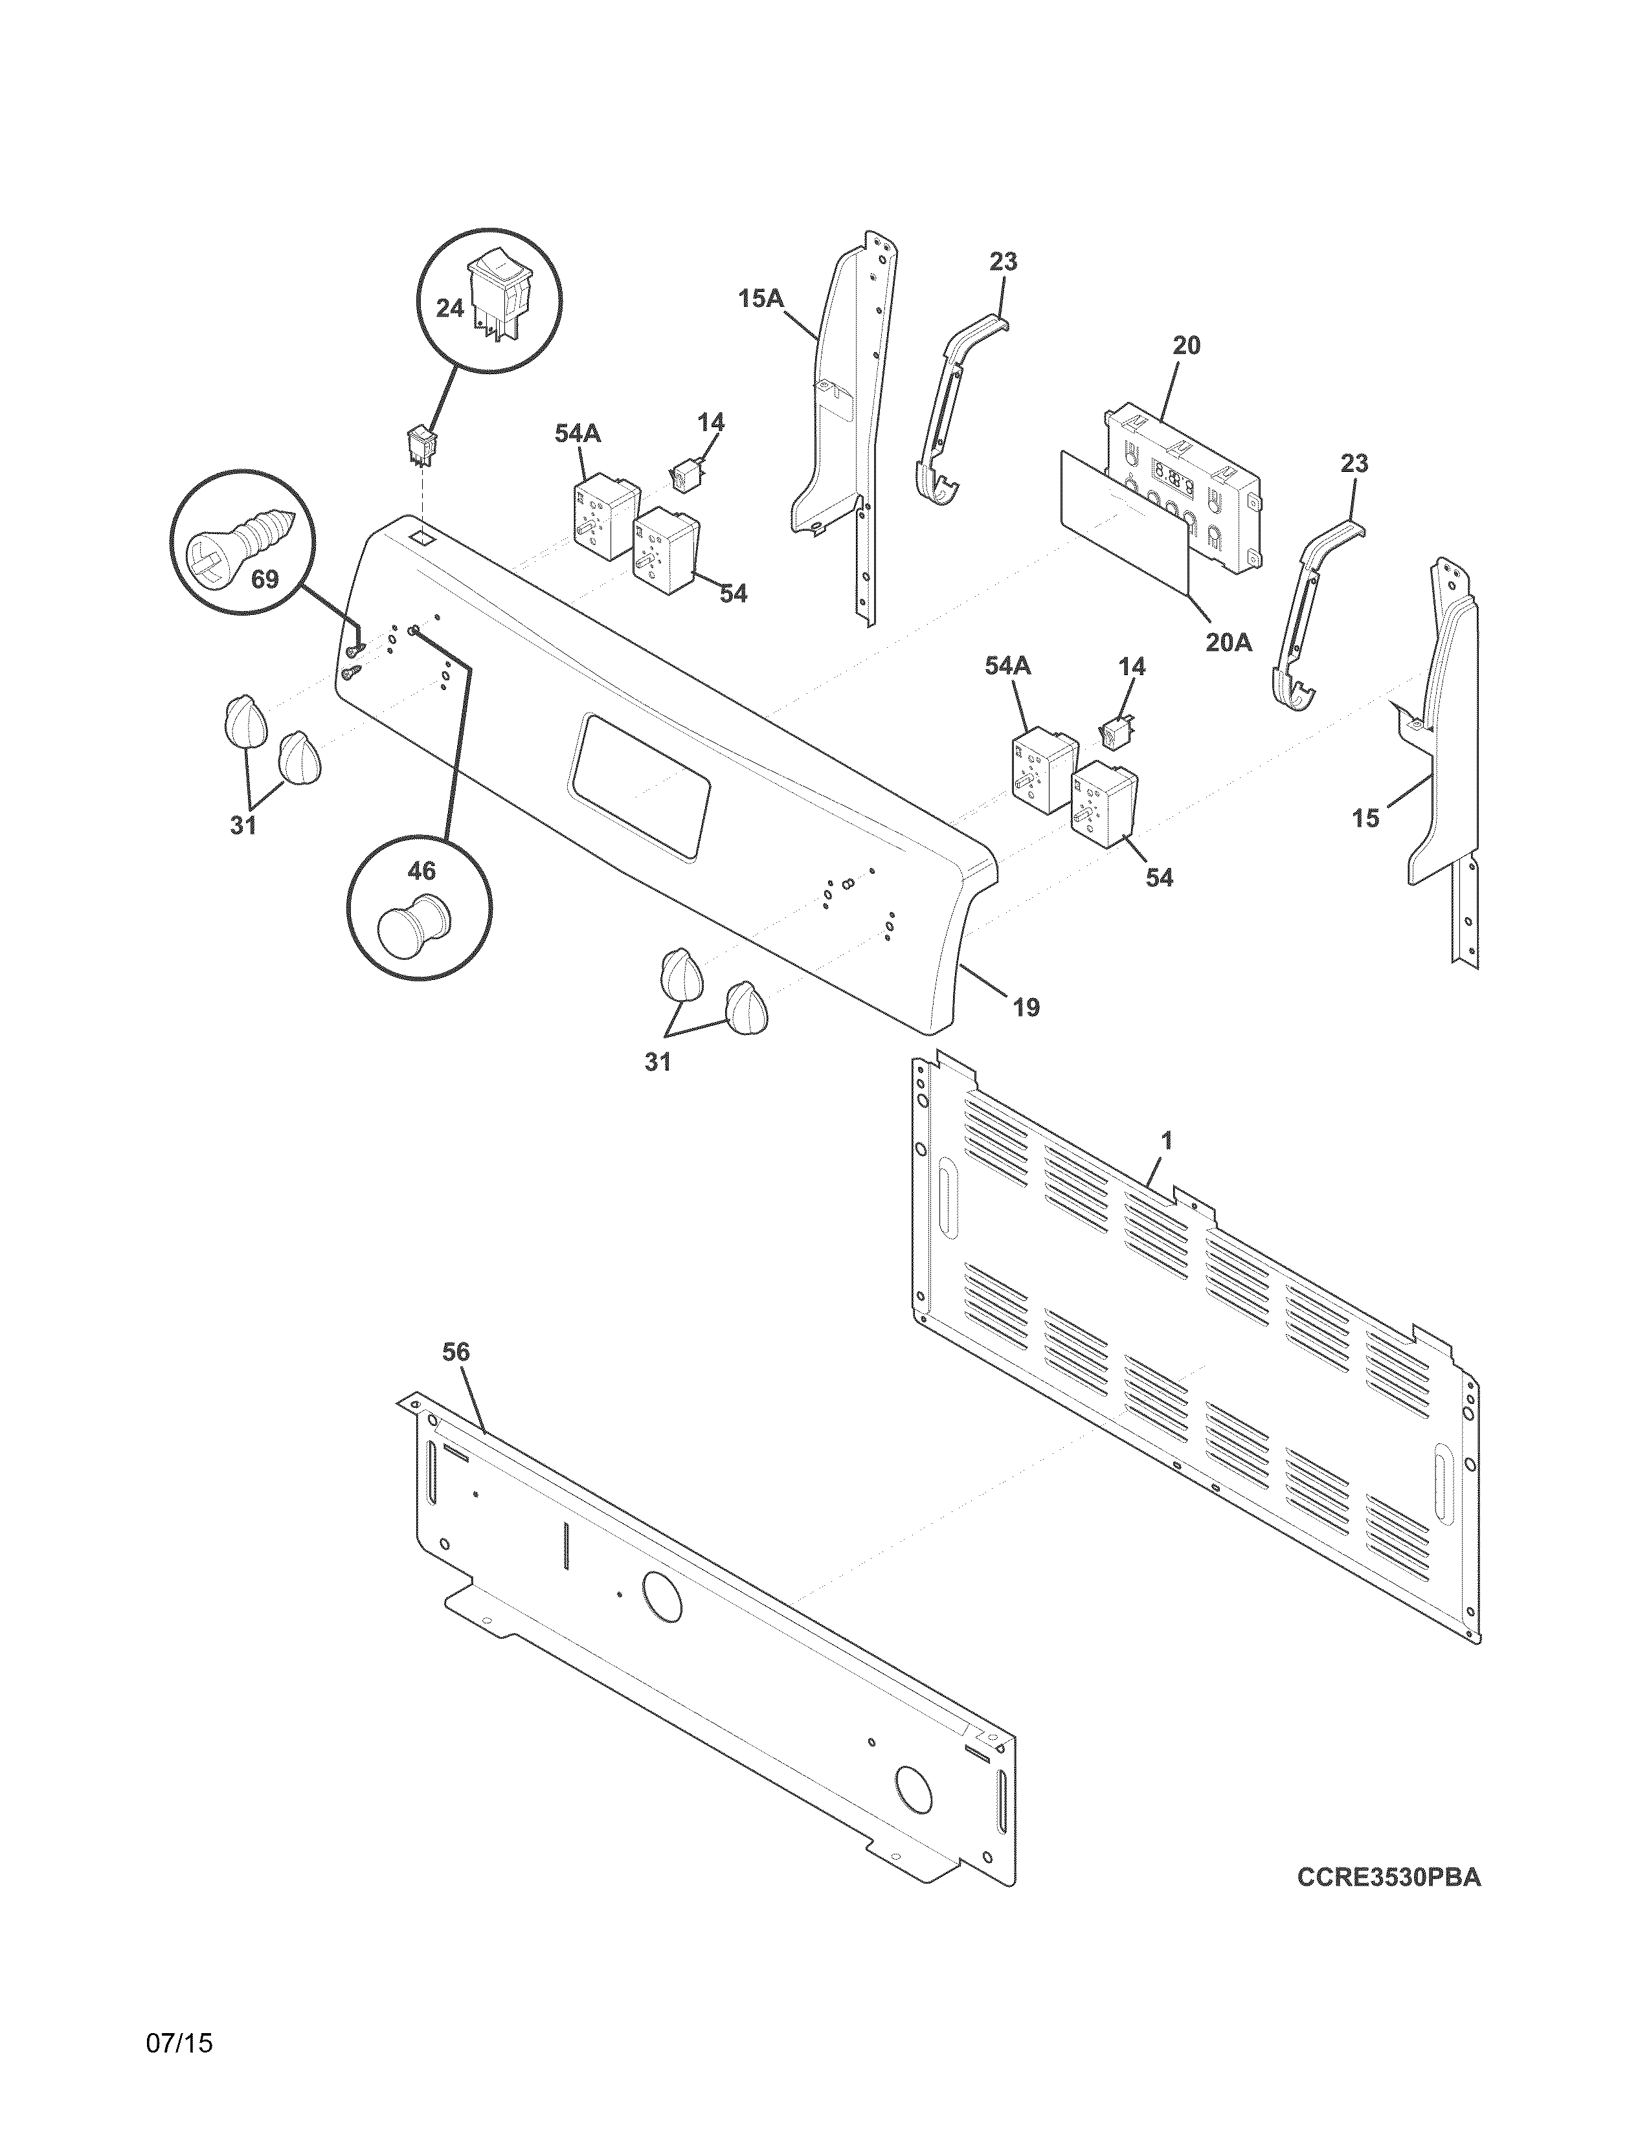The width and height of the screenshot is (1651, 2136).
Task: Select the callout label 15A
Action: [x=760, y=297]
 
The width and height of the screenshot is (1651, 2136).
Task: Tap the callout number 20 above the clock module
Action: [x=1185, y=345]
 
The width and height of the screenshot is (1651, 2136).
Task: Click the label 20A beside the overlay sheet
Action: [x=1228, y=643]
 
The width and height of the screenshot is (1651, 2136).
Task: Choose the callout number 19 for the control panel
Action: [x=1026, y=1007]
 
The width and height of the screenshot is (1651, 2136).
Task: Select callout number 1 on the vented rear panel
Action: [x=1166, y=1140]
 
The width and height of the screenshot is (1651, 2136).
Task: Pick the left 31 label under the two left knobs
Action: [x=243, y=825]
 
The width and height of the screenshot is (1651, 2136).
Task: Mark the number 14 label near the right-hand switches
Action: [x=1130, y=667]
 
